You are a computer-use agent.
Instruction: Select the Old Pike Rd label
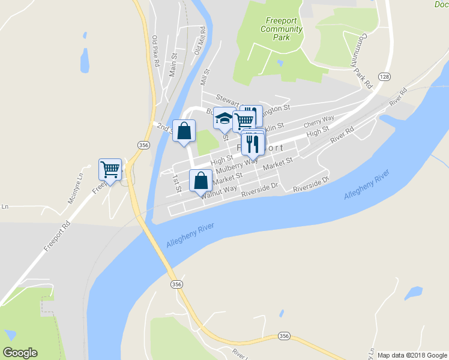[155, 51]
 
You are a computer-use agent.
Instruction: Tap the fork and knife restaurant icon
[252, 143]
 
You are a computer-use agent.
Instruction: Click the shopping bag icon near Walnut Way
[200, 180]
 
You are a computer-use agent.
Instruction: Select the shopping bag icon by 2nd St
[184, 130]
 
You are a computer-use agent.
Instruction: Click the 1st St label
[177, 182]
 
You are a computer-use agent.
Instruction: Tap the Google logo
[20, 353]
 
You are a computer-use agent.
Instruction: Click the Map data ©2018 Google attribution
[412, 355]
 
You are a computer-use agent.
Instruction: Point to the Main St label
[173, 64]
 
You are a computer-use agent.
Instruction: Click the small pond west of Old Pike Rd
[85, 60]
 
